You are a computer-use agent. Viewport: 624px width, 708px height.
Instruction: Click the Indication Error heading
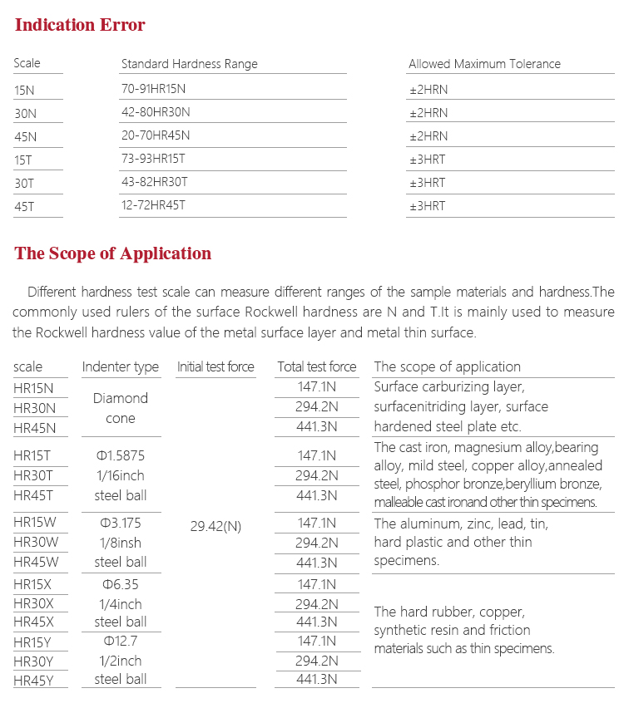(80, 25)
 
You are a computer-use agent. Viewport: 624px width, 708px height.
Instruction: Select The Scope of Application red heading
(113, 253)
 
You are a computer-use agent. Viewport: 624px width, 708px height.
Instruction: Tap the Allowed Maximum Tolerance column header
(484, 64)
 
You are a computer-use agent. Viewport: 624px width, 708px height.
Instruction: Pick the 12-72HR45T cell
(155, 206)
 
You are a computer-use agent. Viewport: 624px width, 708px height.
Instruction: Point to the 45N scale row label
(26, 136)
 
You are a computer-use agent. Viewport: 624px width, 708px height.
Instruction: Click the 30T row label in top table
(25, 183)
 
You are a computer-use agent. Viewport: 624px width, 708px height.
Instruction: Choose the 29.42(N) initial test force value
(215, 527)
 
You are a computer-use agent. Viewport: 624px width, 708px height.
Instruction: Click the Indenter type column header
(120, 366)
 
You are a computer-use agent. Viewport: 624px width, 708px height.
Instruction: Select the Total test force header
(316, 366)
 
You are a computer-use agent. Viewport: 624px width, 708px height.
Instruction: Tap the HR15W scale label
(34, 523)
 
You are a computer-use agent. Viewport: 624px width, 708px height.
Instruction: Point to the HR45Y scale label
(33, 680)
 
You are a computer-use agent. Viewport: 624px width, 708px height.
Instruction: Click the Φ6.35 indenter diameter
(120, 584)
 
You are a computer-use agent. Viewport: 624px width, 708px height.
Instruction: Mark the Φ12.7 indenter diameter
(120, 641)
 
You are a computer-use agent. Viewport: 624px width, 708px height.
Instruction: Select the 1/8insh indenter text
(120, 543)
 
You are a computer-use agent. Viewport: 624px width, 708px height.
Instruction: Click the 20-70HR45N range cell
(156, 136)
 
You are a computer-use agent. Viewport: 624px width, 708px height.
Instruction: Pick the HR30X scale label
(33, 604)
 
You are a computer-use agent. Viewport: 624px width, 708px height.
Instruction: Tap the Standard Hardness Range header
(190, 64)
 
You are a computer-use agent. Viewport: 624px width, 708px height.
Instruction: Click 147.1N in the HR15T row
(316, 455)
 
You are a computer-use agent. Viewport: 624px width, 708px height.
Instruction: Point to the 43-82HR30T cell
(155, 183)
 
